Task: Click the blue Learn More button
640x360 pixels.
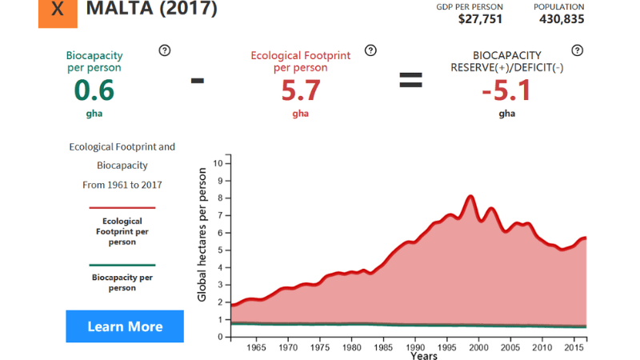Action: (x=125, y=326)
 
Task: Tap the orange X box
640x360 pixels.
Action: (x=58, y=10)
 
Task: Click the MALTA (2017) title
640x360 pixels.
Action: (x=151, y=10)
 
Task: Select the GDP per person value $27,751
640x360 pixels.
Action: (x=480, y=19)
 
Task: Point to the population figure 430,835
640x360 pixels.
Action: (x=558, y=19)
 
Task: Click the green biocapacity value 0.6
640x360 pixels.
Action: (x=94, y=90)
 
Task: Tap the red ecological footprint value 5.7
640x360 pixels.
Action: (x=301, y=90)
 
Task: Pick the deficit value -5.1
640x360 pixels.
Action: (x=506, y=90)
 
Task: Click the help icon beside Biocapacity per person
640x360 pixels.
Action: (x=165, y=50)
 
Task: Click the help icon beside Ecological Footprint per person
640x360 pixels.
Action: (x=370, y=50)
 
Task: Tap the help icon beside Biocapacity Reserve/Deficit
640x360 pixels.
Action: (x=578, y=50)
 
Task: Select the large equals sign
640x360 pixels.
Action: (x=410, y=80)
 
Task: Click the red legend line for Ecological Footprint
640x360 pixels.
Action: (x=122, y=208)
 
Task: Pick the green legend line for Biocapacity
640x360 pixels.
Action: (x=122, y=265)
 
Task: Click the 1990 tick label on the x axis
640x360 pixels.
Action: (x=414, y=348)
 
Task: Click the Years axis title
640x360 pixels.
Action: (x=424, y=356)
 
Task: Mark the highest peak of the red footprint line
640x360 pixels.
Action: (x=470, y=196)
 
